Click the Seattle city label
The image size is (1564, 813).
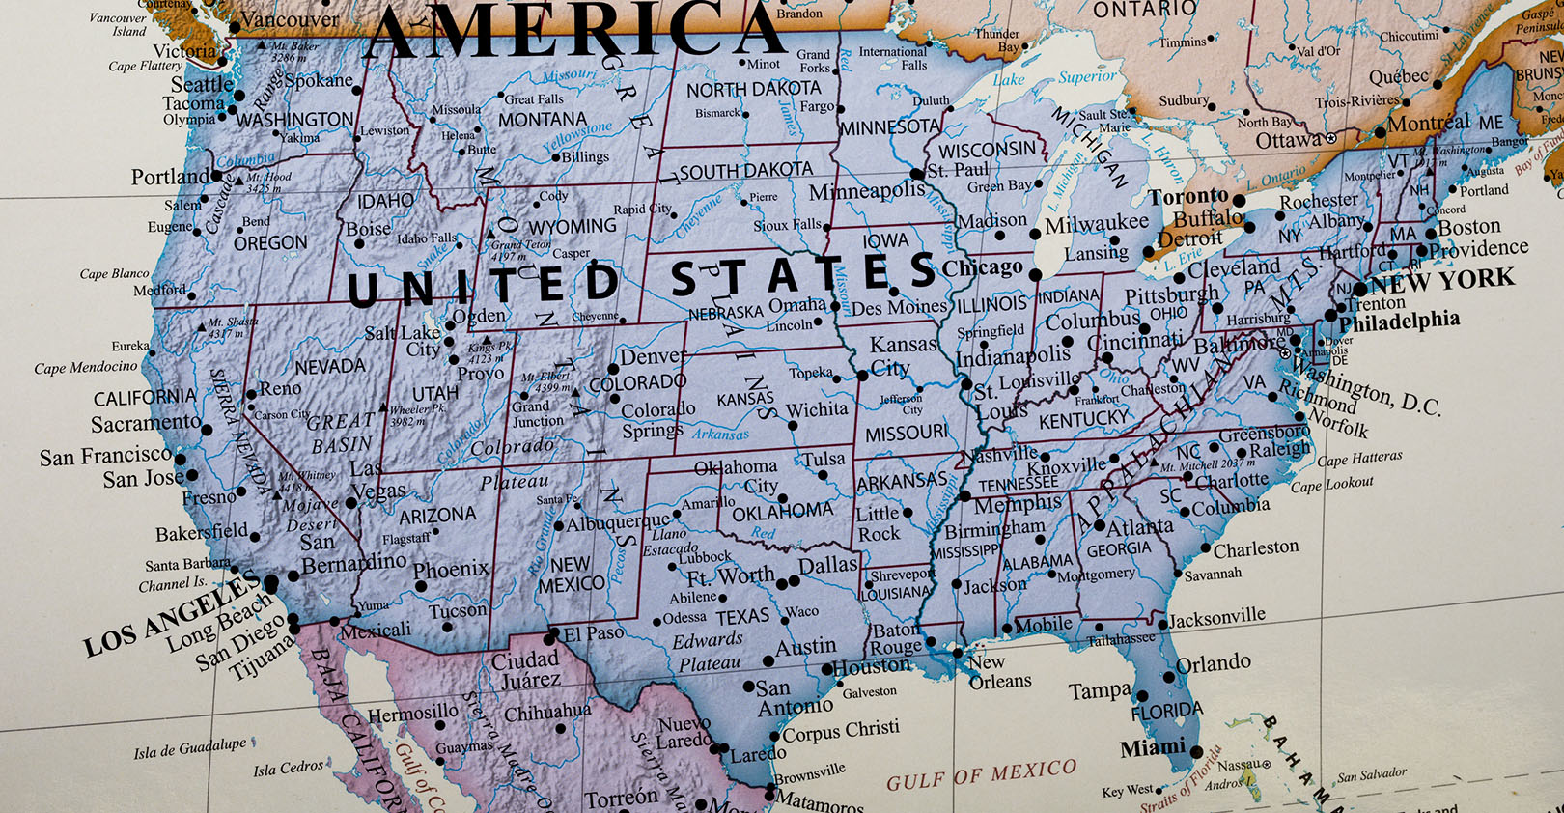click(202, 84)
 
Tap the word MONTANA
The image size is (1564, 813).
click(542, 121)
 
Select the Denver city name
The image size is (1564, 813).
click(652, 357)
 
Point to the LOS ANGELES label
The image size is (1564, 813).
click(172, 615)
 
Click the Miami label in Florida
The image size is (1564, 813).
click(1152, 747)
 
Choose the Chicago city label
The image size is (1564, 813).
click(982, 267)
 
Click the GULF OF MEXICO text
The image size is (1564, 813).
click(981, 773)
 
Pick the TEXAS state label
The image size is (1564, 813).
click(741, 616)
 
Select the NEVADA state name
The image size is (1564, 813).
click(330, 367)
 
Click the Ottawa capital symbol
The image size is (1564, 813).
click(1330, 139)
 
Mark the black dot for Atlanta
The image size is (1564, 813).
click(1099, 526)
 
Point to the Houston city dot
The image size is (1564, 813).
click(827, 669)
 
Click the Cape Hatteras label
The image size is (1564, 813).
click(1359, 459)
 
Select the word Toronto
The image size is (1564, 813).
click(1187, 197)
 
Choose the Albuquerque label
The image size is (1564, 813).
click(618, 522)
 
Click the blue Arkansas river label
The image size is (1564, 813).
click(720, 435)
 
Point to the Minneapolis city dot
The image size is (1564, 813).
click(916, 175)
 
